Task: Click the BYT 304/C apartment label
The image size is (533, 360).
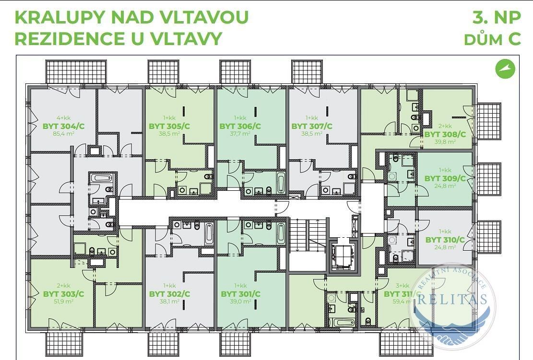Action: tap(63, 126)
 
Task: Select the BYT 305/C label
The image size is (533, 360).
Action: tap(169, 126)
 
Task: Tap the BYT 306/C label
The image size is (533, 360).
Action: tap(240, 126)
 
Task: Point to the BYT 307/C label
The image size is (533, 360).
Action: tap(312, 126)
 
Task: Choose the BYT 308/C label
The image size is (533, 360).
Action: tap(445, 134)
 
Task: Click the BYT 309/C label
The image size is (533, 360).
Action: tap(445, 178)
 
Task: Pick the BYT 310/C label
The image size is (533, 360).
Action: tap(445, 240)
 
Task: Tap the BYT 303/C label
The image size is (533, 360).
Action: tap(63, 294)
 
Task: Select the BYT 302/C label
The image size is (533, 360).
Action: tap(169, 294)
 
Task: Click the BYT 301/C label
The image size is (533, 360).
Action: tap(240, 294)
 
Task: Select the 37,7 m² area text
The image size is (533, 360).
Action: tap(240, 134)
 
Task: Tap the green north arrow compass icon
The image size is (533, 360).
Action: tap(505, 69)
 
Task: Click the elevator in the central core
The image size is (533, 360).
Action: tap(343, 253)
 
